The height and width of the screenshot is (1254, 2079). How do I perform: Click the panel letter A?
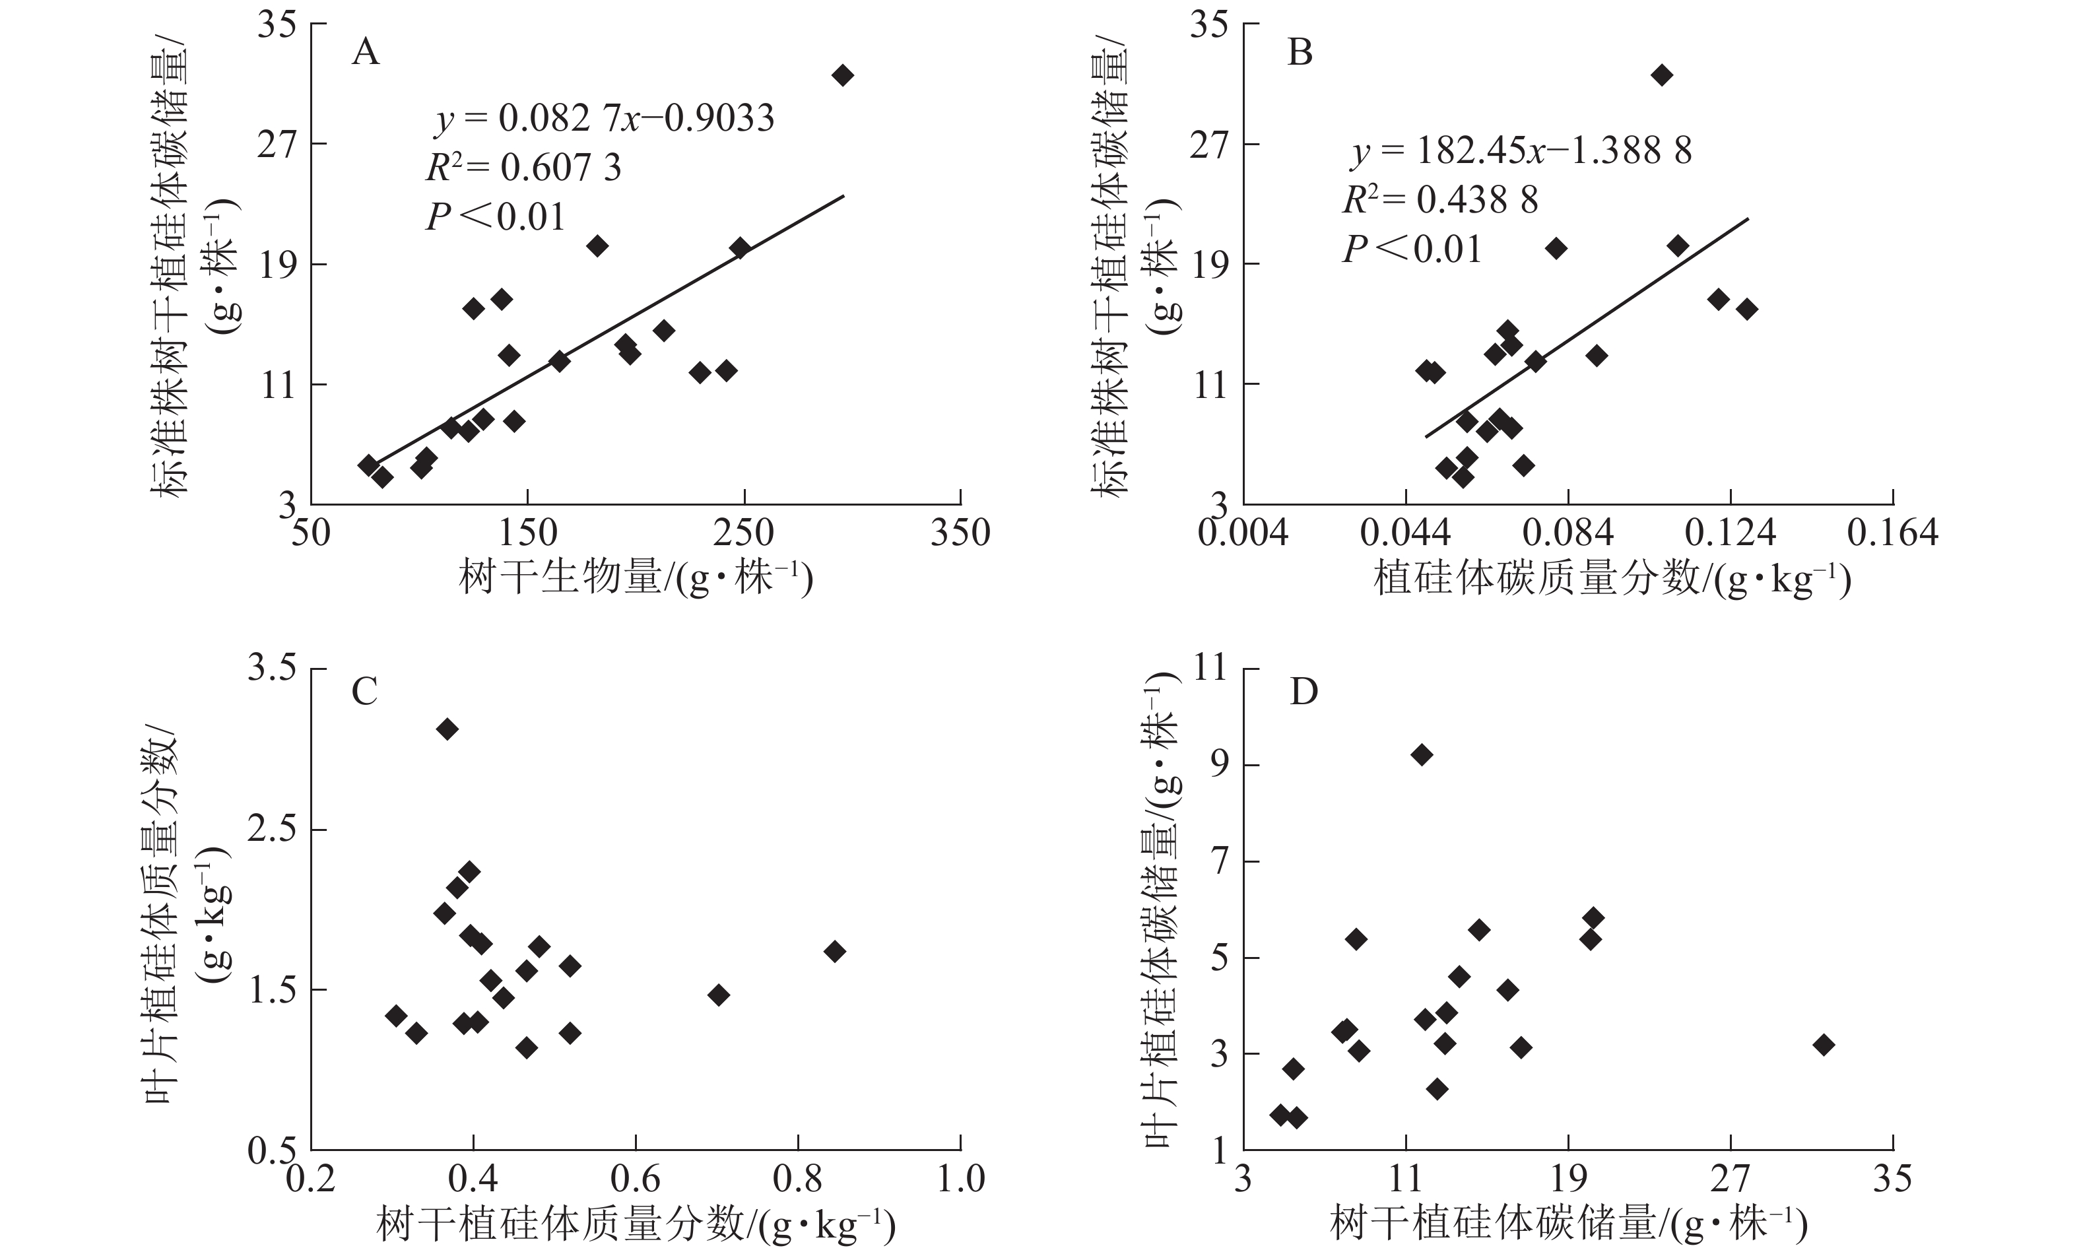(x=366, y=53)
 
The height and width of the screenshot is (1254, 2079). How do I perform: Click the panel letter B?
(x=1300, y=53)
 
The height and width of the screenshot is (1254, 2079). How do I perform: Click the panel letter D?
(x=1303, y=692)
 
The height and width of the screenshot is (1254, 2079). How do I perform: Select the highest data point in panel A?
(x=842, y=75)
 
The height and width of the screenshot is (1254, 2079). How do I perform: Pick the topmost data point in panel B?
(x=1661, y=75)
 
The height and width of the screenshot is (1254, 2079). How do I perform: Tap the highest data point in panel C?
(x=447, y=729)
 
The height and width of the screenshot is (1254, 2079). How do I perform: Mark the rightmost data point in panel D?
(x=1824, y=1045)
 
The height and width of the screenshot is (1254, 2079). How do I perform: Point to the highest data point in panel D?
(x=1422, y=754)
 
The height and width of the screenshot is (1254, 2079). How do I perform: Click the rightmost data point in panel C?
(x=834, y=952)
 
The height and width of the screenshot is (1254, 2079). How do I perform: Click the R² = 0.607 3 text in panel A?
(x=523, y=168)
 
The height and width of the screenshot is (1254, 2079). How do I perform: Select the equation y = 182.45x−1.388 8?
(x=1521, y=151)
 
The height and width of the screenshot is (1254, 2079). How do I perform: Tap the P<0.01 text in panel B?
(x=1412, y=249)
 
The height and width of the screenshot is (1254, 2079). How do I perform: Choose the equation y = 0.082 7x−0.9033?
(x=604, y=119)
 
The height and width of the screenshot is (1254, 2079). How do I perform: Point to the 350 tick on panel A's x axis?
(x=960, y=533)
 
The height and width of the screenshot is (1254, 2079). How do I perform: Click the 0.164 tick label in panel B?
(x=1892, y=533)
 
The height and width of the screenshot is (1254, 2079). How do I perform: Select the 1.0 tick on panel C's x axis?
(x=960, y=1179)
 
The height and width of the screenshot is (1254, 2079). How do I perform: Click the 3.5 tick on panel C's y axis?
(x=272, y=669)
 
